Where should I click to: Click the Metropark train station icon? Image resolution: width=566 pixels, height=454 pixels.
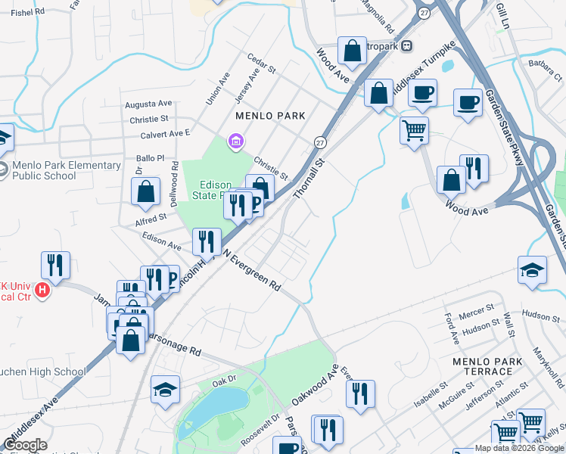[407, 45]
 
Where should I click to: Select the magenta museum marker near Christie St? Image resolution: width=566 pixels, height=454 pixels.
[235, 141]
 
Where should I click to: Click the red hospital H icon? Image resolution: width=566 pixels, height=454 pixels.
[42, 290]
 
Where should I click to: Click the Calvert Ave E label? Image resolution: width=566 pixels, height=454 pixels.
[165, 134]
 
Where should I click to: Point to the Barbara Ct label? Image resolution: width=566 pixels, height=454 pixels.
[545, 70]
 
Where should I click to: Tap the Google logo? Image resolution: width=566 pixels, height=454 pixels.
[26, 445]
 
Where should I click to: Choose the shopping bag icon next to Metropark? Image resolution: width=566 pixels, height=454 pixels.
[352, 51]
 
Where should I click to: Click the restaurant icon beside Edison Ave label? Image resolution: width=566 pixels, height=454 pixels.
[206, 242]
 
